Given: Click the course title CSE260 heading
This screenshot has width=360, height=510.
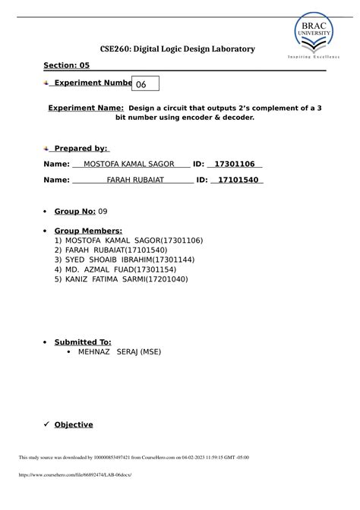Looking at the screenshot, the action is [x=172, y=49].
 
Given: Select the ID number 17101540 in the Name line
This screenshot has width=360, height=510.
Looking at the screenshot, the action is [x=235, y=180].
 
